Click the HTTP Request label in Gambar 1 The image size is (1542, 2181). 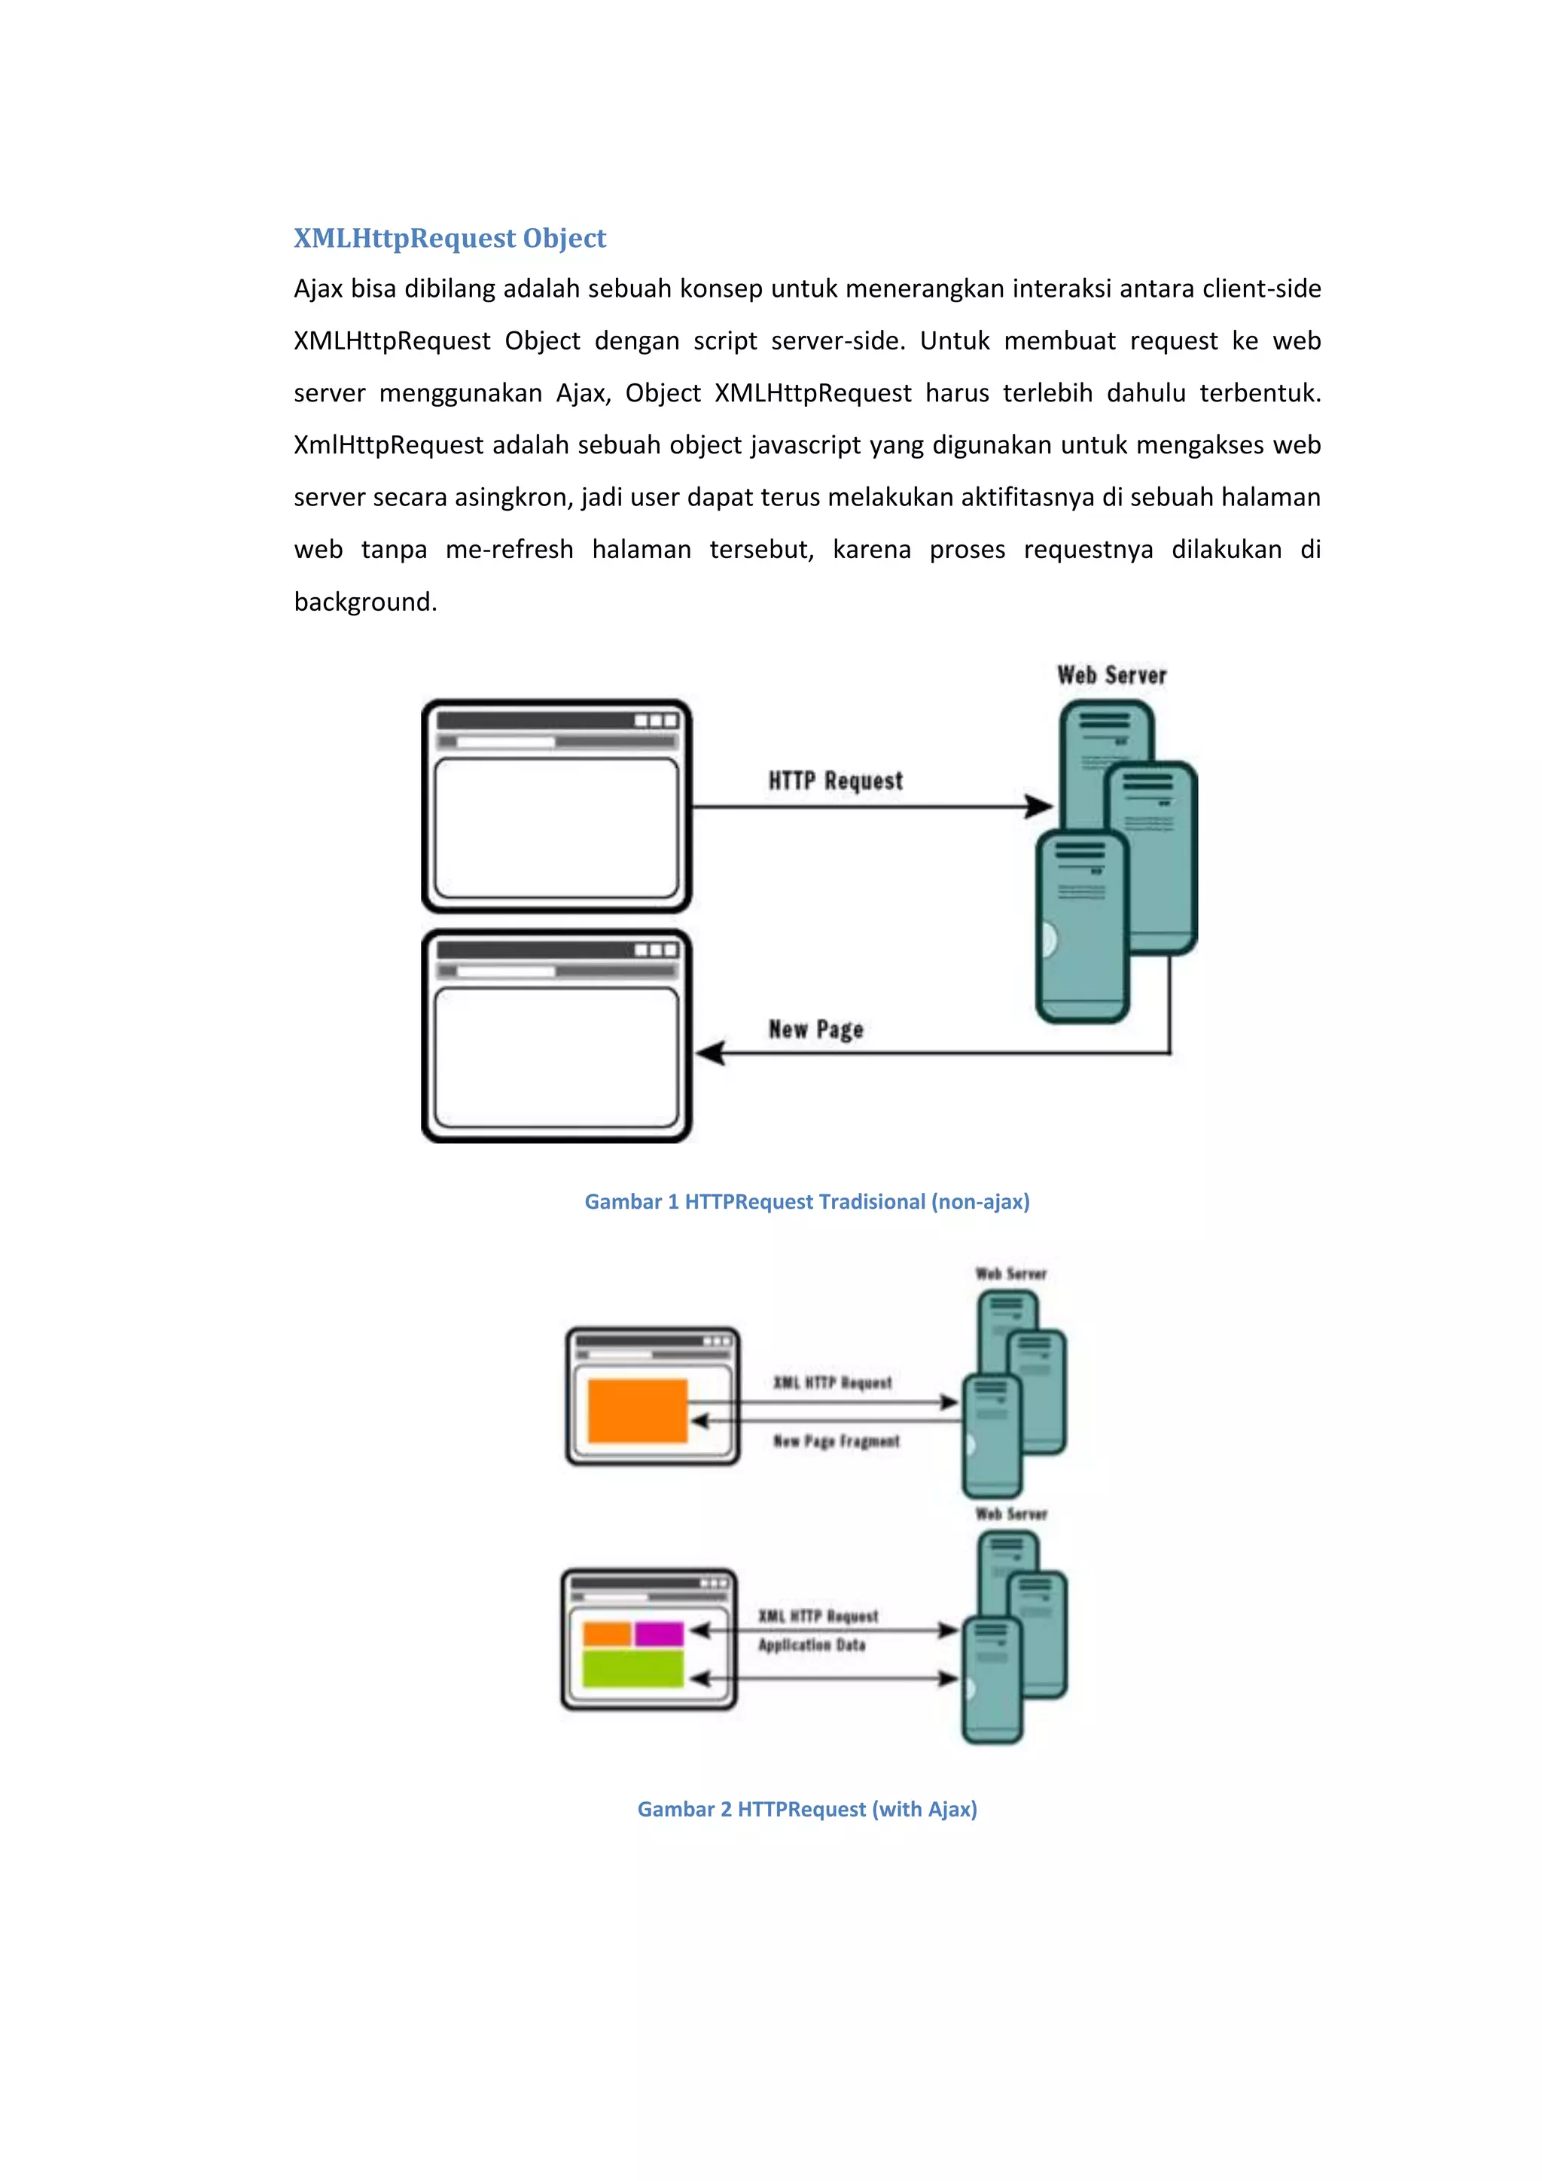tap(836, 781)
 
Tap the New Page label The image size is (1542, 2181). tap(815, 1029)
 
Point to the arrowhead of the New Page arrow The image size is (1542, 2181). tap(710, 1053)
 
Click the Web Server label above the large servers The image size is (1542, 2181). tap(1112, 676)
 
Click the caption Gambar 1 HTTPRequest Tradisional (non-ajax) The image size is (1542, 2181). tap(807, 1202)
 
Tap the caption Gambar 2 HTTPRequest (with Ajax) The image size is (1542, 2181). tap(807, 1809)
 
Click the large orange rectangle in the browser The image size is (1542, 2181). tap(637, 1411)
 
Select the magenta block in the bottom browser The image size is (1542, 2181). tap(659, 1633)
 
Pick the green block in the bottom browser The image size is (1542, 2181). tap(632, 1669)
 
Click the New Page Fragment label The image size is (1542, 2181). tap(836, 1441)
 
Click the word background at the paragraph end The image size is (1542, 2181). tap(364, 602)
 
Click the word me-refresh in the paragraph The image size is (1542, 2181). tap(509, 550)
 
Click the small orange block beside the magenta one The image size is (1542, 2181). tap(607, 1633)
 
